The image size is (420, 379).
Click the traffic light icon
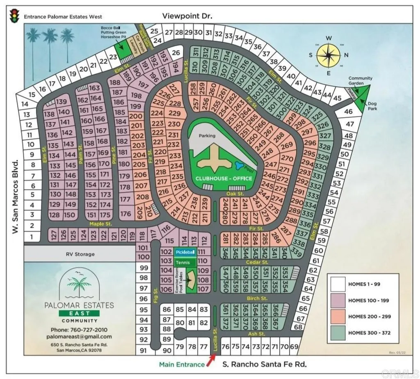point(15,16)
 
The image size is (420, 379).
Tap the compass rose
point(329,55)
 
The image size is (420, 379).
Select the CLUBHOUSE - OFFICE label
point(224,178)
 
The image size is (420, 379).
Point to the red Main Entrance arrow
point(212,360)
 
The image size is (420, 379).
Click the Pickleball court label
point(185,252)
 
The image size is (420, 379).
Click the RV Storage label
point(80,254)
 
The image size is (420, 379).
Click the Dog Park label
point(372,106)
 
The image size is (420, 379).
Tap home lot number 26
point(176,53)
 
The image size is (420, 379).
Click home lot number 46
point(349,111)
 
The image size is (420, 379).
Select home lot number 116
point(165,228)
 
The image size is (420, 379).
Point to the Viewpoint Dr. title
point(187,16)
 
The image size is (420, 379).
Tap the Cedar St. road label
point(257,262)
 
